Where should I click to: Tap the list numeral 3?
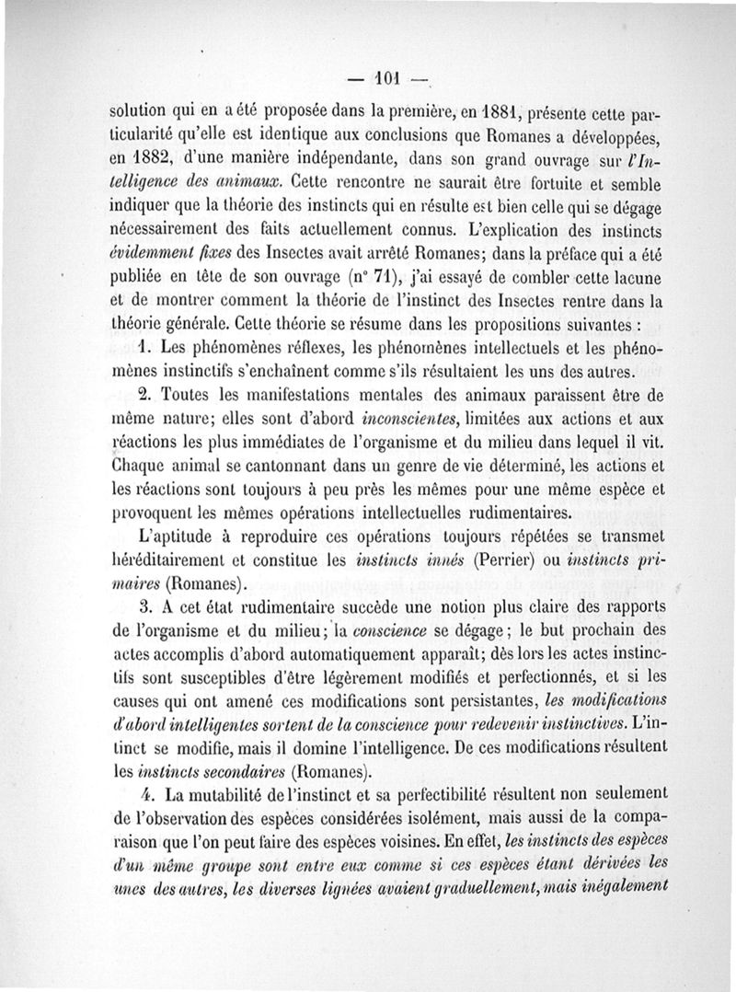[144, 608]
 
